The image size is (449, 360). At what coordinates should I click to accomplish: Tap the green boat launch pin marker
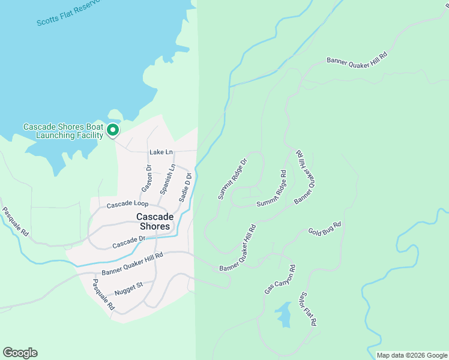112,129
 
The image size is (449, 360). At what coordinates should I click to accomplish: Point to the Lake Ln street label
160,152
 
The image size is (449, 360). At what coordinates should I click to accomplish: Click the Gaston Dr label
146,179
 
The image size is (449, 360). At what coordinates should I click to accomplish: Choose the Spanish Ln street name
167,179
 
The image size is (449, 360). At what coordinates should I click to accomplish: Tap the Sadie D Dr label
185,187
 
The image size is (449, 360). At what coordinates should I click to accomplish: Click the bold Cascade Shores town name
155,221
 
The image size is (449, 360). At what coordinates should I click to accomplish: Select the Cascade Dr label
129,242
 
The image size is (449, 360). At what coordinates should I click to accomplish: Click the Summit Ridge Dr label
232,179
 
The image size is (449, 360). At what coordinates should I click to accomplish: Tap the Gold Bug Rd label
324,228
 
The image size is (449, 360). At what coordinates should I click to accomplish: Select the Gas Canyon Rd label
280,279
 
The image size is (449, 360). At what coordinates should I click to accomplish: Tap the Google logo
20,353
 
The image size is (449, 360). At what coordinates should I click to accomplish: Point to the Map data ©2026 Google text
411,355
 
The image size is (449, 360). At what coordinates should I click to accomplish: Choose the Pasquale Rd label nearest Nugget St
103,293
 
